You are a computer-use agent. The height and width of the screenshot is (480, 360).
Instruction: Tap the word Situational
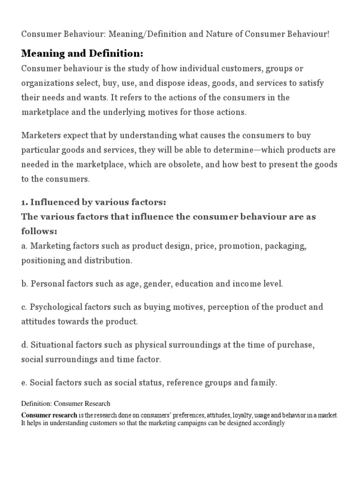52,345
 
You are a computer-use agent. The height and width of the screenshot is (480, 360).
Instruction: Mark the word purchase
294,345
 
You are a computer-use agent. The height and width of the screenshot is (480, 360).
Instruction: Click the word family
263,383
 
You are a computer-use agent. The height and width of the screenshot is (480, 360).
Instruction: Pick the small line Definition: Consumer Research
66,404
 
